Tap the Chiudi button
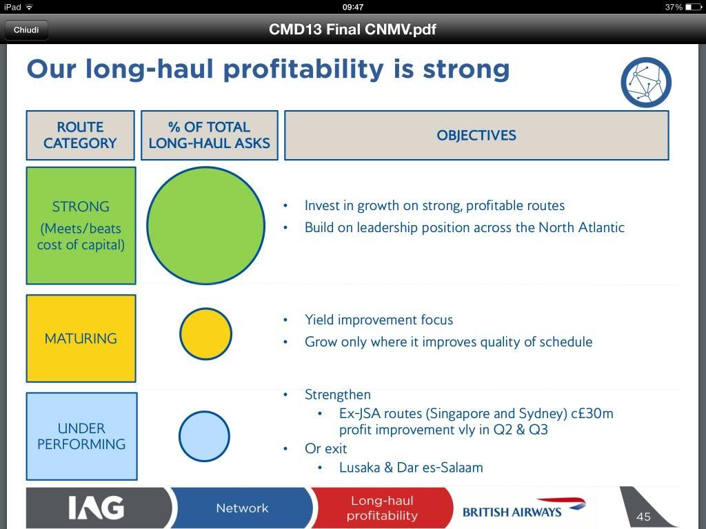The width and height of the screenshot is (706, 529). [26, 30]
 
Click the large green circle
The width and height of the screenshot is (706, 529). [205, 225]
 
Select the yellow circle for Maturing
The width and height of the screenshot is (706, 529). [205, 334]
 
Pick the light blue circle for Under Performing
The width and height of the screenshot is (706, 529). [204, 436]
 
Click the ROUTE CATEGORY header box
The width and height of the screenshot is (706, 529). [80, 135]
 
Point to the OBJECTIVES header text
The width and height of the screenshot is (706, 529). [476, 136]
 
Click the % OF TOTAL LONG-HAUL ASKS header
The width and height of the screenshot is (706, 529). [210, 135]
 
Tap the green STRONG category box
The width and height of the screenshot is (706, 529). [81, 225]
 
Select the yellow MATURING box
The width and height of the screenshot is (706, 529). [81, 338]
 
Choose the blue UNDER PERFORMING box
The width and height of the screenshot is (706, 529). [81, 436]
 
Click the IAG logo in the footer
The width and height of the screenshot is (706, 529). [97, 508]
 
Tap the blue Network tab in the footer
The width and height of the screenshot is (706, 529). [242, 508]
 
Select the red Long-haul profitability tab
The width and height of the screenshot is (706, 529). [382, 508]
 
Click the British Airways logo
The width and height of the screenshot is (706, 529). [524, 508]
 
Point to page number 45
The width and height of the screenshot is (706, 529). [643, 517]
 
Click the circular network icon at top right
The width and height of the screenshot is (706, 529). [646, 83]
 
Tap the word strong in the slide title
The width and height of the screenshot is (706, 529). [466, 70]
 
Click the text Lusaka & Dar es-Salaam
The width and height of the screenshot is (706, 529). [411, 468]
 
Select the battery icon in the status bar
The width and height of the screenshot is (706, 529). [694, 7]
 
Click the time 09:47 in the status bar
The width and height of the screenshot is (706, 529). [353, 7]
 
